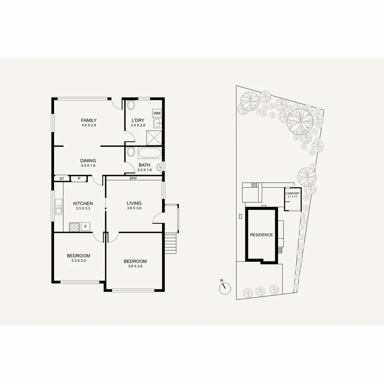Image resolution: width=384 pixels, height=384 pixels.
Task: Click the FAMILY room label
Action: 89,120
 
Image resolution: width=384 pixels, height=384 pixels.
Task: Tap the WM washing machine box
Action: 157,113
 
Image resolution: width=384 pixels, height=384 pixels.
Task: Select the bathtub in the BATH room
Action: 149,153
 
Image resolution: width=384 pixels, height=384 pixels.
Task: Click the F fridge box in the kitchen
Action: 85,226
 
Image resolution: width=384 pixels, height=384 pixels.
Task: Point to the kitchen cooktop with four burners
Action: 74,226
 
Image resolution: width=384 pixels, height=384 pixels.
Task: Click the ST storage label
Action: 62,179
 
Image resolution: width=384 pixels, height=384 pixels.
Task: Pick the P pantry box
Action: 79,179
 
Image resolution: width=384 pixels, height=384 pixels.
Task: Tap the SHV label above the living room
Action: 133,178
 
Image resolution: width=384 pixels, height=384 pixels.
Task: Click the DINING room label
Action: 88,161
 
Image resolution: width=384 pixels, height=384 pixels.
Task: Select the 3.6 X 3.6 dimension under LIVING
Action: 134,208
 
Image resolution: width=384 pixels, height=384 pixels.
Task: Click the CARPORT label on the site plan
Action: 292,193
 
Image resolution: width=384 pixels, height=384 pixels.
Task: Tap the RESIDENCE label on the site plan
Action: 261,235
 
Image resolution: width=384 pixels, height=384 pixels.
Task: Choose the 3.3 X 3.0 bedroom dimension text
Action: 79,261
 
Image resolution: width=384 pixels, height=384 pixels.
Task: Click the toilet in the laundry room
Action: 131,106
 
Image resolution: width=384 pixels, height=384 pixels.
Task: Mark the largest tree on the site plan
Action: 300,120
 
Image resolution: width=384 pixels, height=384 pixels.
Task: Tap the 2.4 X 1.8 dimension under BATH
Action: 144,170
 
